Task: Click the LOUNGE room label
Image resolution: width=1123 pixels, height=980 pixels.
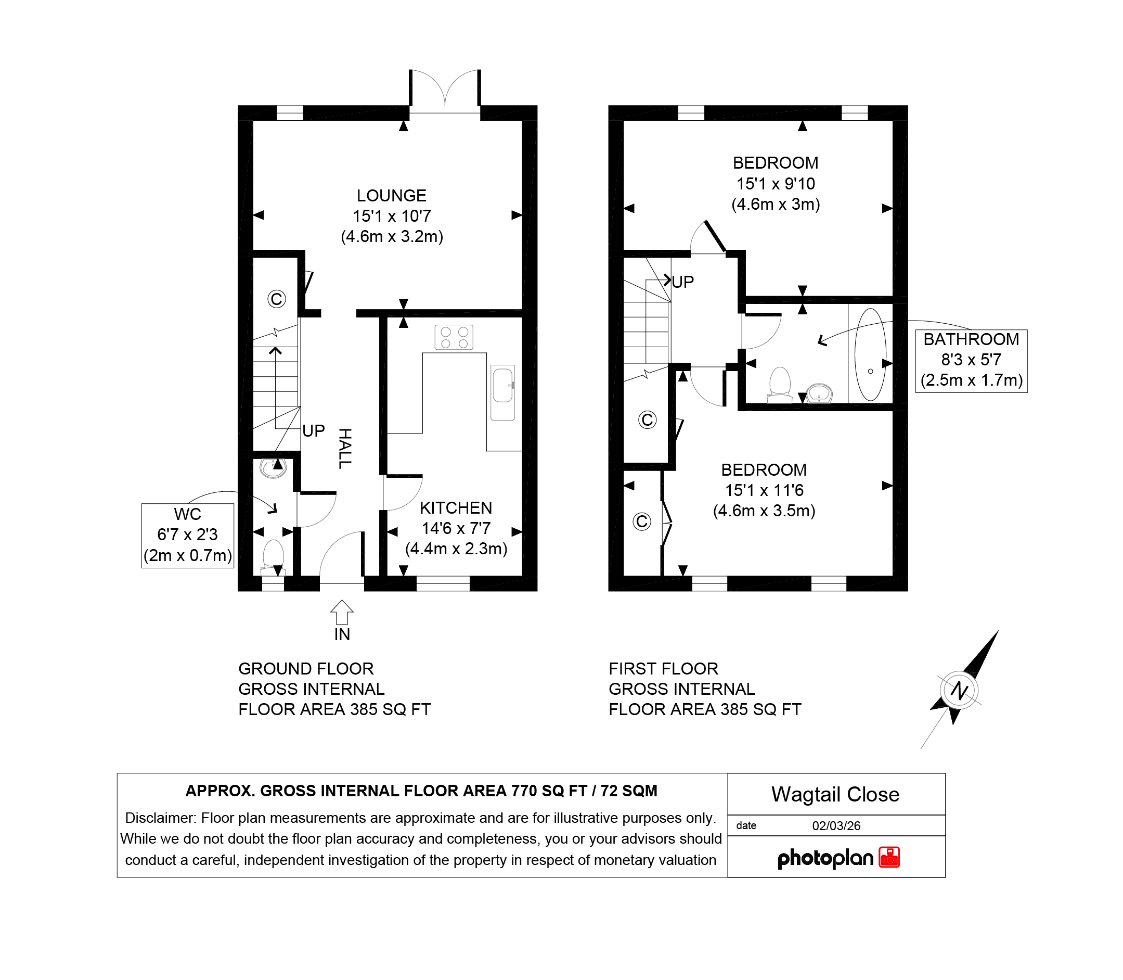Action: point(391,195)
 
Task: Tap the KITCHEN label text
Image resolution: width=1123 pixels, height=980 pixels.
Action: point(456,507)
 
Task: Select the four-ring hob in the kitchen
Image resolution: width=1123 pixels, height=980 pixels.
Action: point(454,337)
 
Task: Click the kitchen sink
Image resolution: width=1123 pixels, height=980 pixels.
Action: point(502,392)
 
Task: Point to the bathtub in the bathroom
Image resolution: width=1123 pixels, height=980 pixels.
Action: point(870,355)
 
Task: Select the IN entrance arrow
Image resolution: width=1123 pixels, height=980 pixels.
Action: point(342,612)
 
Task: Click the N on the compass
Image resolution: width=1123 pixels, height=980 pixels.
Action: point(959,690)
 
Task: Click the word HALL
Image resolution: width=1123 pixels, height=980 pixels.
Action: point(344,449)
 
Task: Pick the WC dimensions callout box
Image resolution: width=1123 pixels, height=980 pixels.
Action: point(187,536)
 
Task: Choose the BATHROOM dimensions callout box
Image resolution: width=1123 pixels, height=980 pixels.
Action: point(971,361)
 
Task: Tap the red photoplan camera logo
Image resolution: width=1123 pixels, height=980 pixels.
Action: point(889,857)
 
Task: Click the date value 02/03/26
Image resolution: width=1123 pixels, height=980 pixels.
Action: point(836,826)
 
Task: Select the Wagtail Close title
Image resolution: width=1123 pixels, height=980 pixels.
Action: point(835,794)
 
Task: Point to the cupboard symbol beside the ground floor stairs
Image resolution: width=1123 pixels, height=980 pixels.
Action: point(277,299)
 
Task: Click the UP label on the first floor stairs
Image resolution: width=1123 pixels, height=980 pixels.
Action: point(682,282)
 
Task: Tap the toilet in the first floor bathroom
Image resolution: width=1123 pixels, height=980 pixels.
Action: point(780,385)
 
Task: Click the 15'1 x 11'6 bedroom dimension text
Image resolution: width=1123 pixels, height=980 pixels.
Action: point(764,490)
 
